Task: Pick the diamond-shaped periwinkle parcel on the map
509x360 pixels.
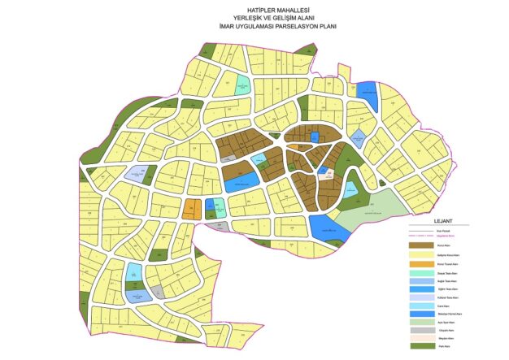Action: point(356,135)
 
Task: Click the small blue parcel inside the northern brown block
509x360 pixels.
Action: point(315,137)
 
